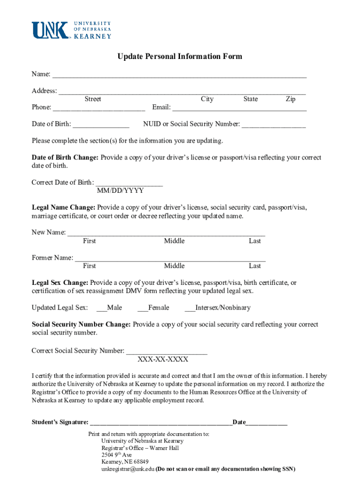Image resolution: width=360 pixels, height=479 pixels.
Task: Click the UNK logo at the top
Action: pos(71,30)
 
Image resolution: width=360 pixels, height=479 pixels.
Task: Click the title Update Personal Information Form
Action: pos(180,57)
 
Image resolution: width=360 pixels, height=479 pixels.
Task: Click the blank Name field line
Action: pos(179,75)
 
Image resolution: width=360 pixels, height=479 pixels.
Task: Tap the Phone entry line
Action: pos(99,108)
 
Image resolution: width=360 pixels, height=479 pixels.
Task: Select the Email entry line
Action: pos(239,108)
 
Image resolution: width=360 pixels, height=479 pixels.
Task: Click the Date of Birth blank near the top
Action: pos(101,125)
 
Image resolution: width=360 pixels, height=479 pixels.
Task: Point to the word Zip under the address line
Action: pos(290,99)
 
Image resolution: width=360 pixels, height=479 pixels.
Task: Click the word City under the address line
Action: pos(207,99)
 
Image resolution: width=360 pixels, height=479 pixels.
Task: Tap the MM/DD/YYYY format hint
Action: pos(120,191)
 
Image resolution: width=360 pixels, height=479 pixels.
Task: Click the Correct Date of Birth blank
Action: pos(129,183)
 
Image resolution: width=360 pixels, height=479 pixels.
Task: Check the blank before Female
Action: pos(143,308)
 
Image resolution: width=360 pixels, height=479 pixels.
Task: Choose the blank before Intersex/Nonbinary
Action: pos(190,308)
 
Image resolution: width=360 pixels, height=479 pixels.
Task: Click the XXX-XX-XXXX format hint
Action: pos(163,359)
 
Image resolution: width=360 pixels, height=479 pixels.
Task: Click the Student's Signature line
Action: pos(161,423)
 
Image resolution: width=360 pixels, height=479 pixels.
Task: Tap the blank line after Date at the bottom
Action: pos(266,423)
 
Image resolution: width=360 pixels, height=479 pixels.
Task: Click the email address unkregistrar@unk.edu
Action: pos(128,469)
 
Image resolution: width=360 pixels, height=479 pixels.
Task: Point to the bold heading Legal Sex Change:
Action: pos(60,283)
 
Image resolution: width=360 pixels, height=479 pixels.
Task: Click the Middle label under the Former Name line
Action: pos(174,266)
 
